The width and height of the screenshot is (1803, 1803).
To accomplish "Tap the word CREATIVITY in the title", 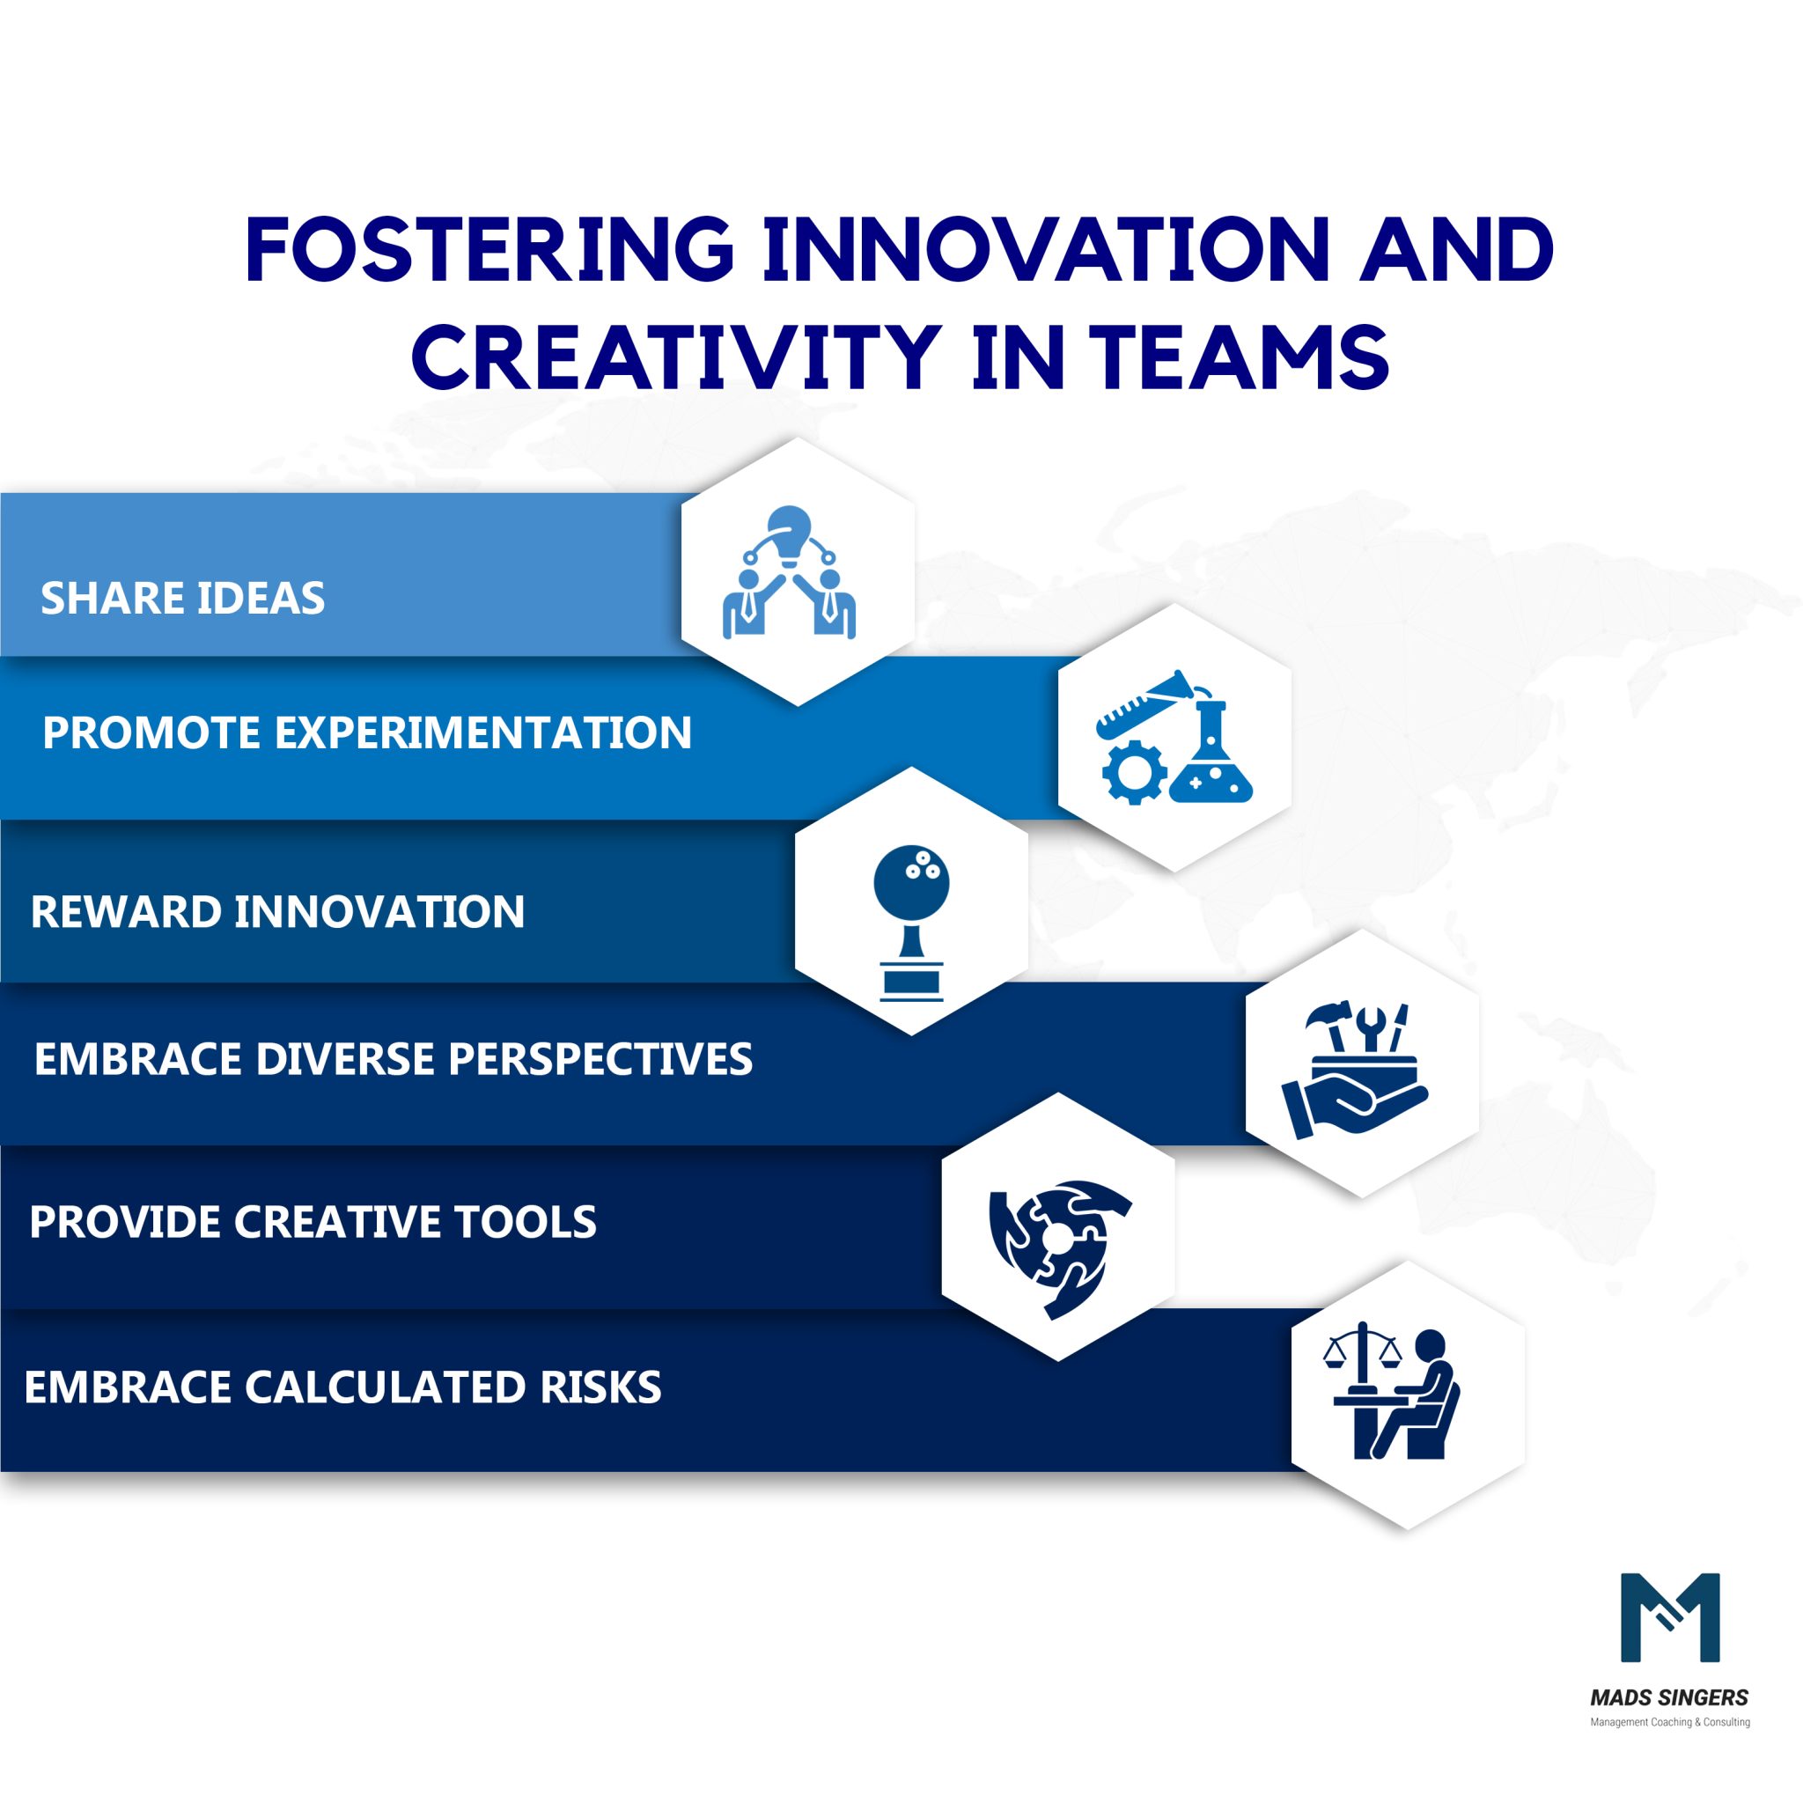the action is tap(675, 357).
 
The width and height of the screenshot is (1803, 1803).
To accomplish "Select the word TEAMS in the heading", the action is tap(1240, 357).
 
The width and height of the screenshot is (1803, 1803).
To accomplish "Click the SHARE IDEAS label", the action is tap(183, 598).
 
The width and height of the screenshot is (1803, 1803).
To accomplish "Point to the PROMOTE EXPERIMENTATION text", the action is tap(367, 732).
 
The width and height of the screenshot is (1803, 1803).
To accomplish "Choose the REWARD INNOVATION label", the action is tap(277, 912).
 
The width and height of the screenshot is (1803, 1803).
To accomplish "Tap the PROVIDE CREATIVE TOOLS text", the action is tap(313, 1223).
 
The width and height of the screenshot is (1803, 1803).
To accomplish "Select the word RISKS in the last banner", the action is tap(601, 1387).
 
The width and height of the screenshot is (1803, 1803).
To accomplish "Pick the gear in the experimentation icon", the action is tap(1133, 773).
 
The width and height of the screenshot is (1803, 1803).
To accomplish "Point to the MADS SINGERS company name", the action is tap(1669, 1697).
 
